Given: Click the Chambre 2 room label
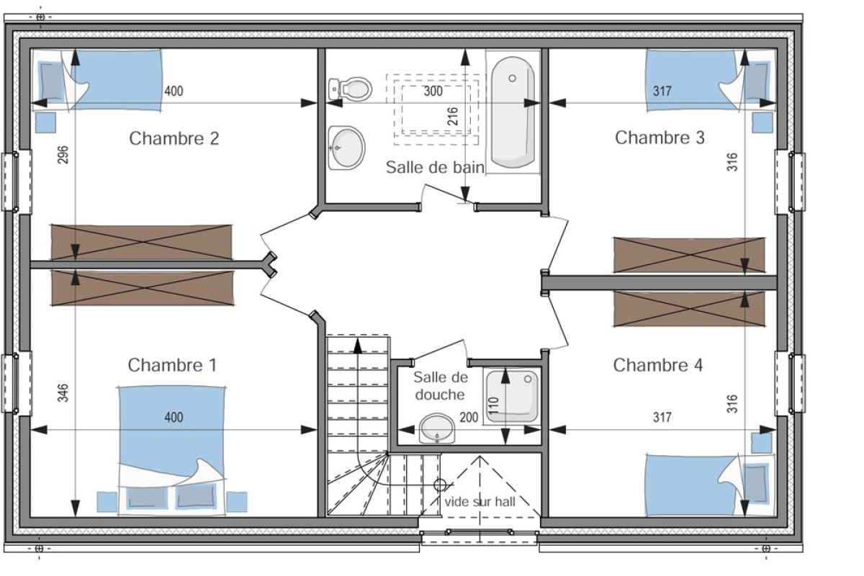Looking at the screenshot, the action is (x=174, y=138).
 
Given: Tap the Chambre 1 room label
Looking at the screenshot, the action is (x=172, y=365).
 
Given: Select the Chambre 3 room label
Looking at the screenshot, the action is (x=660, y=138).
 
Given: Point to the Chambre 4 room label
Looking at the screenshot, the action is (x=658, y=365).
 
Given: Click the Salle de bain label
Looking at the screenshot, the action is (x=435, y=167).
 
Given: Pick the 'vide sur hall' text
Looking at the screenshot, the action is (x=480, y=502).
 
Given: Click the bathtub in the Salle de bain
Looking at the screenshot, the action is (x=513, y=112).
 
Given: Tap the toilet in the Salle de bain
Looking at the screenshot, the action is (x=350, y=89).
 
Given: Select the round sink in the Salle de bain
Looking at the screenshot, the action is (x=346, y=148).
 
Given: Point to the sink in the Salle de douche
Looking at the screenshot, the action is (x=437, y=428).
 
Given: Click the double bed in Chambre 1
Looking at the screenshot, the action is (x=172, y=449).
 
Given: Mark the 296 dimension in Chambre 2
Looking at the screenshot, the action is (x=63, y=154).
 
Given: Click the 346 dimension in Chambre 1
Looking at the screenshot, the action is (x=63, y=392).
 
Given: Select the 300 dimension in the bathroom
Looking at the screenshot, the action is (x=433, y=91).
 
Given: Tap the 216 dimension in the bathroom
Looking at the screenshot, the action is (x=452, y=116).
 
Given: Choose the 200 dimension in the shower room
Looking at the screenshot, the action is (x=469, y=418).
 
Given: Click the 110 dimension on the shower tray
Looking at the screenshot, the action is (x=494, y=405).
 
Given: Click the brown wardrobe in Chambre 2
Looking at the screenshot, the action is (x=142, y=243).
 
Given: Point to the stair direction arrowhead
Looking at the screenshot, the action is (x=358, y=346).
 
